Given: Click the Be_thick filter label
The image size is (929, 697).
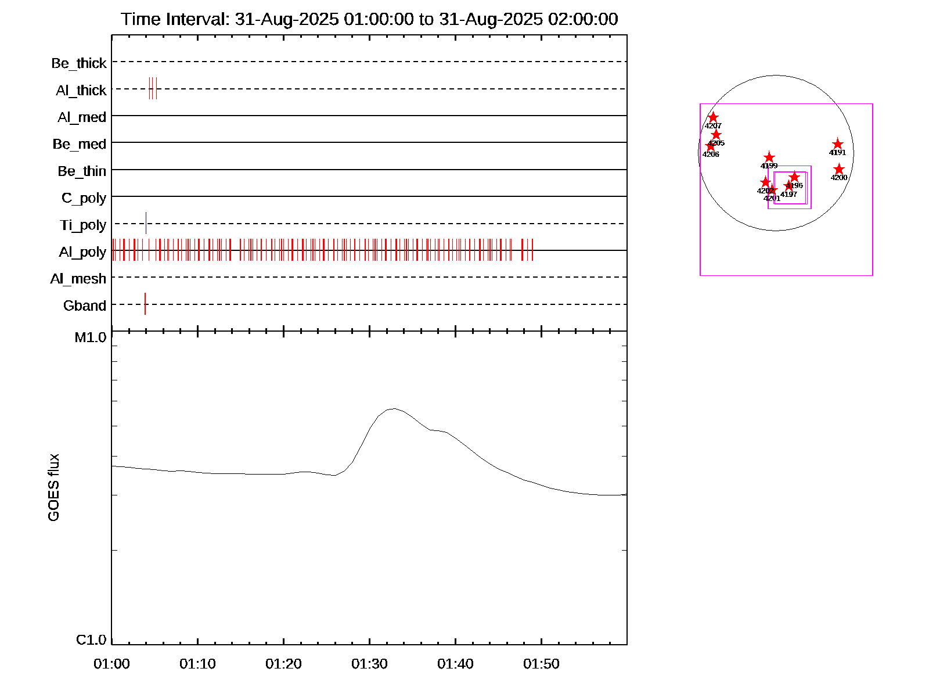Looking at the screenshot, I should pos(79,63).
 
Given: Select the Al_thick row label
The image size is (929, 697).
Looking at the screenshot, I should pos(81,91).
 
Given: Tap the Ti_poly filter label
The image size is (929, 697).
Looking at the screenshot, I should pos(83,225).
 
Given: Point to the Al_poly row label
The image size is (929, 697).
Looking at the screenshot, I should pos(82,252).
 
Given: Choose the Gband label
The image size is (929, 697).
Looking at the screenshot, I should pos(85,306).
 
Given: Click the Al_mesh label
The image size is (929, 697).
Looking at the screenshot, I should pos(78,279).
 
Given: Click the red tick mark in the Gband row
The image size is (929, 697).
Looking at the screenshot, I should pos(145,304).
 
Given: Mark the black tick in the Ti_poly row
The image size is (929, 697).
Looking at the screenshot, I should pos(146,223).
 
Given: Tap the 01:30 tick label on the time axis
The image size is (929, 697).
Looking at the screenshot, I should pos(369,664).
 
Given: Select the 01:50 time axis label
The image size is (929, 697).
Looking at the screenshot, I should pos(541,664).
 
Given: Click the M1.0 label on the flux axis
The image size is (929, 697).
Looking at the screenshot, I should pos(91,337).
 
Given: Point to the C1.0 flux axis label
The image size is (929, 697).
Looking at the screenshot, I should pos(91,640).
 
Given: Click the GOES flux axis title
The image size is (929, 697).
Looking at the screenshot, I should pos(54,487).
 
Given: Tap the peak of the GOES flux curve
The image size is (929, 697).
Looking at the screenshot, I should pos(394,408).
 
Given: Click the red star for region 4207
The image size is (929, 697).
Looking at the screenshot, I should pos(713,117).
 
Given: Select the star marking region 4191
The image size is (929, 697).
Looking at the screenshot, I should pos(837,144).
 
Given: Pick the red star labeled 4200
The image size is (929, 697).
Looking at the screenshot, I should pos(839,169).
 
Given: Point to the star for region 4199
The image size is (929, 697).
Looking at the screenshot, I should pos(769,157).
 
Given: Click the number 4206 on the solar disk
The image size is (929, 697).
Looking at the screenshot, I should pos(711,155).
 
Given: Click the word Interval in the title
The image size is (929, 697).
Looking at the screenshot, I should pos(197,20).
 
